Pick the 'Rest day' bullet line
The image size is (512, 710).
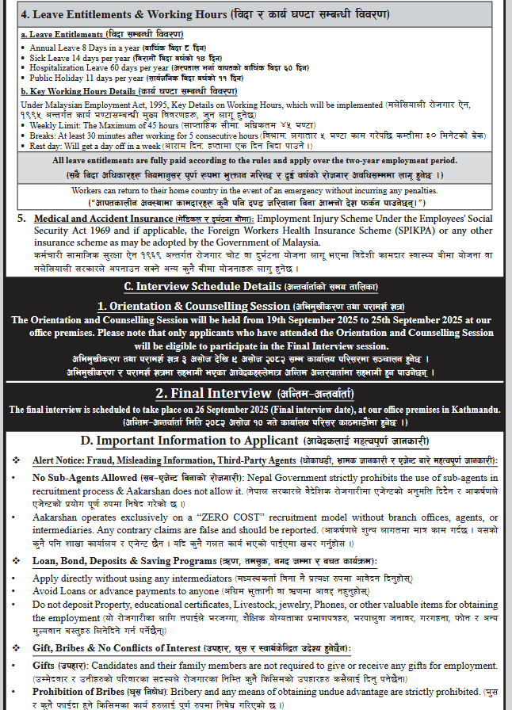(95, 147)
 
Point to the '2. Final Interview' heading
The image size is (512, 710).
(207, 393)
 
